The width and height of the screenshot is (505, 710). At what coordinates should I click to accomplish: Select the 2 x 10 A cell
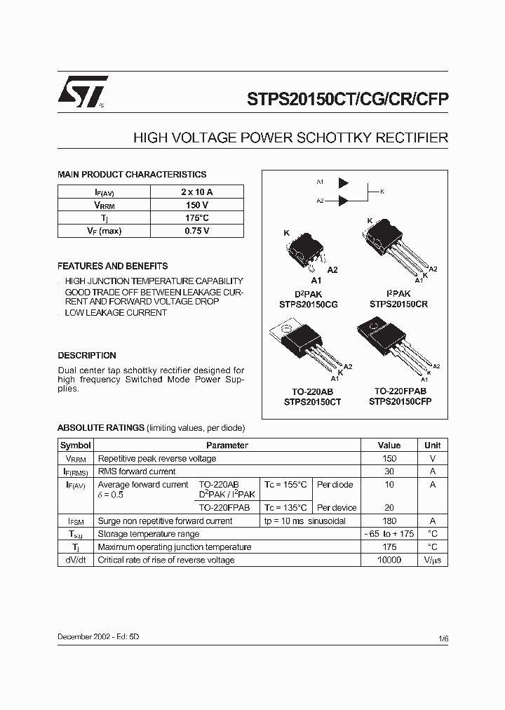pos(197,192)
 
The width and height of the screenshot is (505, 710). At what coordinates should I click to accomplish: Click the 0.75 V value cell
pos(197,231)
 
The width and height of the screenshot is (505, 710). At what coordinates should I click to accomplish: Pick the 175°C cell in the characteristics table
pos(197,218)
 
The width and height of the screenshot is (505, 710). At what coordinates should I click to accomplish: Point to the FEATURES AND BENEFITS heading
pos(112,267)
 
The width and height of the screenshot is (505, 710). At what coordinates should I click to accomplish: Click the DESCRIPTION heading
pos(87,356)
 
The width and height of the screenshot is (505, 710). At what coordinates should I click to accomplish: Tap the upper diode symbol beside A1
pos(343,182)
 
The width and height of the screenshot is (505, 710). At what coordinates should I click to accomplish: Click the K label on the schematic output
pos(382,191)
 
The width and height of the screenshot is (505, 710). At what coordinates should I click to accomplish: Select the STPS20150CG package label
pos(307,304)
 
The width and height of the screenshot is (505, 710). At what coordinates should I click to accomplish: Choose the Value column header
pos(389,446)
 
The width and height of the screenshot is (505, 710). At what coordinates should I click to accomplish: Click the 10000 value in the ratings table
pos(389,560)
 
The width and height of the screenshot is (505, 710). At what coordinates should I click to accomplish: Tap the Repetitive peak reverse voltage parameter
pos(157,459)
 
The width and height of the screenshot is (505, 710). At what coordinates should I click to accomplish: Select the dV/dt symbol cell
pos(75,560)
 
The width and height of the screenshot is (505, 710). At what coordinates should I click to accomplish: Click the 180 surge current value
pos(389,521)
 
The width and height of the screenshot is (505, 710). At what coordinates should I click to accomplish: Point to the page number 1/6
pos(443,638)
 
